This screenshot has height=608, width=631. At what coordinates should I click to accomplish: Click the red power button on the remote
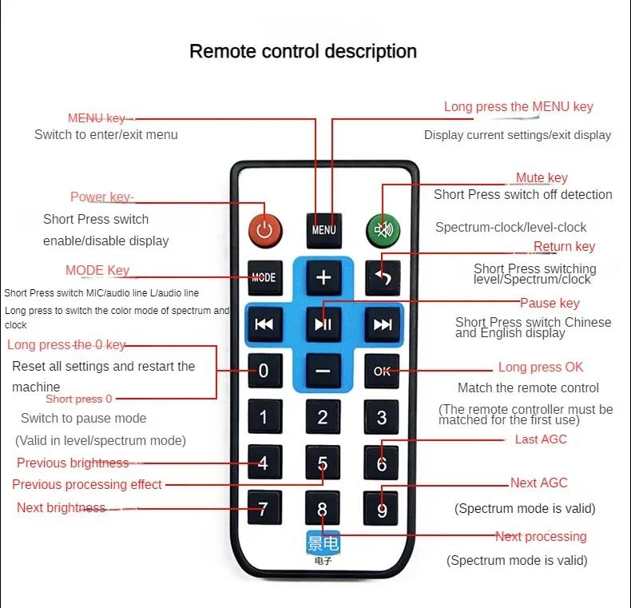click(265, 231)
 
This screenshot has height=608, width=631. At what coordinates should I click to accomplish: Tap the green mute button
click(383, 230)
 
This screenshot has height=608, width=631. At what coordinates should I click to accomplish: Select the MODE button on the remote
click(265, 277)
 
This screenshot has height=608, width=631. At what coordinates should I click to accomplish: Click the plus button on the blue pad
click(323, 277)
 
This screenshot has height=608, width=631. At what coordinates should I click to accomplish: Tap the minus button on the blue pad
click(323, 371)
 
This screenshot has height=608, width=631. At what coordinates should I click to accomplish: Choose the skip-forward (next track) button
click(383, 324)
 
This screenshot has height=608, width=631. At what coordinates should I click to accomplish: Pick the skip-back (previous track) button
click(264, 324)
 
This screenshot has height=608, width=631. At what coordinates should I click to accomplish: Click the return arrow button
click(383, 277)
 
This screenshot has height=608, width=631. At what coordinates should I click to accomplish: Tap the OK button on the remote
click(382, 371)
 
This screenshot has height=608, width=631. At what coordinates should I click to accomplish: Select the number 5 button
click(323, 463)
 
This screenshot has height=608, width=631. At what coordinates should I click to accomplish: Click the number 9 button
click(381, 509)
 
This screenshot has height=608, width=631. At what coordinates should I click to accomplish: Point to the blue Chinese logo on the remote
click(323, 543)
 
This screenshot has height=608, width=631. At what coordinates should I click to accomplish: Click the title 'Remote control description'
click(303, 52)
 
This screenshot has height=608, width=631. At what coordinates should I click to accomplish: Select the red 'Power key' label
click(101, 197)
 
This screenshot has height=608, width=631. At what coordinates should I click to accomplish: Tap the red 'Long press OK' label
click(541, 368)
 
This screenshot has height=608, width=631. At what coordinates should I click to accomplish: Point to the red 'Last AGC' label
click(541, 439)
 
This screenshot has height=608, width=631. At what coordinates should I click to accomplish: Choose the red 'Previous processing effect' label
click(87, 484)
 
